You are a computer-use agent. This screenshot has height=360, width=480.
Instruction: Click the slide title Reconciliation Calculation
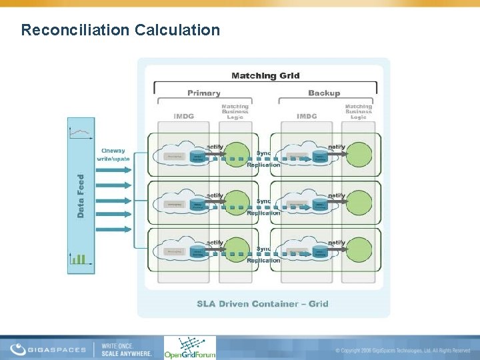(120, 30)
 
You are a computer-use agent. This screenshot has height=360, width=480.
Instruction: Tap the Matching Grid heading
(265, 75)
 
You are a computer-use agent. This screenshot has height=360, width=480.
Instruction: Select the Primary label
(203, 93)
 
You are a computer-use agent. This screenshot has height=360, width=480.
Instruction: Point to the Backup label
(324, 93)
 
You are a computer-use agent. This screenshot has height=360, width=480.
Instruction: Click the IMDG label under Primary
(183, 116)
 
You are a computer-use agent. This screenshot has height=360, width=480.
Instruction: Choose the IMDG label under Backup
(307, 116)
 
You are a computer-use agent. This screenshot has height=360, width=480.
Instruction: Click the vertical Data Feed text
(81, 196)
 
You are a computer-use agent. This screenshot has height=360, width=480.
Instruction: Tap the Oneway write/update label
(113, 155)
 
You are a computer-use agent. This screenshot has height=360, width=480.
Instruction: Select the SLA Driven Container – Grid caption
(263, 303)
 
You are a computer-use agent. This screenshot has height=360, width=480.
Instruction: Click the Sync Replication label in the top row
(264, 159)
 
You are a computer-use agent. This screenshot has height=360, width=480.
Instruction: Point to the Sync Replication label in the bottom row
(264, 255)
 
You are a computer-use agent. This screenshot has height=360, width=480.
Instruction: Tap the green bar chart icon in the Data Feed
(79, 258)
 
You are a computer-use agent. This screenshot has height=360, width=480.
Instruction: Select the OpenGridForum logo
(189, 348)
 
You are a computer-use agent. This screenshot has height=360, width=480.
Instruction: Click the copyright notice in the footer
(403, 350)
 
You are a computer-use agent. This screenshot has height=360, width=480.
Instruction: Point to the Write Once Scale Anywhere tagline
(127, 349)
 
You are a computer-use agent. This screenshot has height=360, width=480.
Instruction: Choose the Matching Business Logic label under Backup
(359, 111)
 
